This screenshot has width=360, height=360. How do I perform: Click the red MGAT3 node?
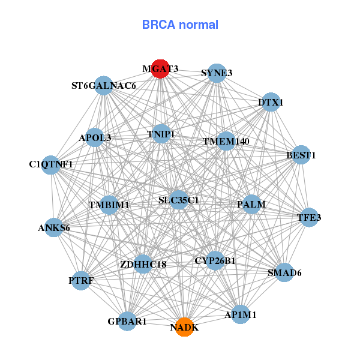point(160,68)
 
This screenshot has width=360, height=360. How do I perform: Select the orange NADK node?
point(184,327)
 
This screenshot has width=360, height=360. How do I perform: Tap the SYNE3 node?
point(217,73)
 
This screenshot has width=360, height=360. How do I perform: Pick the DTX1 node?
point(271,102)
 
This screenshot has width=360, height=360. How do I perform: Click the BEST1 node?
point(301,155)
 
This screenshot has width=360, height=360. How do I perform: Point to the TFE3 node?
point(309,217)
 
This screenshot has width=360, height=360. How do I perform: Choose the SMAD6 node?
point(284,272)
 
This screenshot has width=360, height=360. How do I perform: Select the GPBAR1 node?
point(127,321)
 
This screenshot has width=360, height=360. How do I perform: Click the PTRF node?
point(81,280)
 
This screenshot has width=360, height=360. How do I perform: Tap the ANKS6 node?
point(53,227)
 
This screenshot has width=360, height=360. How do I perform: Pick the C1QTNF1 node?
point(51,164)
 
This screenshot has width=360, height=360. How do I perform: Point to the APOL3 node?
point(95,137)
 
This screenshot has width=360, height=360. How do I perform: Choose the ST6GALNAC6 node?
point(104,85)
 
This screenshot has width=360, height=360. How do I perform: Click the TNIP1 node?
point(160,134)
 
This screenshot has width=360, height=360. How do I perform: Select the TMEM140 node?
point(226,141)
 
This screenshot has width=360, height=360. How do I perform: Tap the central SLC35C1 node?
point(178,199)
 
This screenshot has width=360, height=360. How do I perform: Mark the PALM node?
point(251,204)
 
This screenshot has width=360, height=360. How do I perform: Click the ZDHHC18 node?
point(143,263)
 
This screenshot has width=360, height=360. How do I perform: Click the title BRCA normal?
point(180,25)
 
